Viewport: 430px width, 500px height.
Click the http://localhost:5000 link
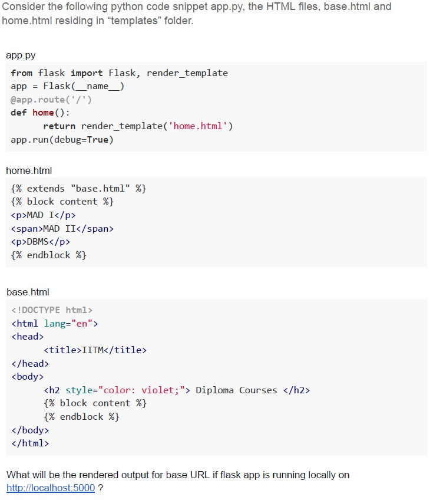[51, 488]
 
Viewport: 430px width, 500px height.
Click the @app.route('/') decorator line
[51, 100]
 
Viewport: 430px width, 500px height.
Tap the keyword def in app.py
[18, 113]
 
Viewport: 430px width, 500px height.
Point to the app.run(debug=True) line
[62, 140]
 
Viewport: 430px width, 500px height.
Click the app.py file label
[21, 55]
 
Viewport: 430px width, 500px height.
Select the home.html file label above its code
[29, 170]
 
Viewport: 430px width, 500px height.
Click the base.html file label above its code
[28, 292]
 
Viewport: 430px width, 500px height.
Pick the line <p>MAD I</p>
[44, 215]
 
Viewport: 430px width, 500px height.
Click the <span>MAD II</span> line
[62, 229]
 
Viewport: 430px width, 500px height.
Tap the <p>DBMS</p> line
[41, 242]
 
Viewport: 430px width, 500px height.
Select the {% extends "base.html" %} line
[78, 189]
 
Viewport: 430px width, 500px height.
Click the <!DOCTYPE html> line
[52, 310]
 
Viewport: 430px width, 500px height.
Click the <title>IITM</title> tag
[95, 350]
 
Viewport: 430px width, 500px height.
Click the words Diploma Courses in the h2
[236, 390]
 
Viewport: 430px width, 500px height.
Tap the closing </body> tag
[30, 430]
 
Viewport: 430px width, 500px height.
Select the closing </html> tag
[30, 443]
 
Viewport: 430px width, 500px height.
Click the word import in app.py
[87, 73]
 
